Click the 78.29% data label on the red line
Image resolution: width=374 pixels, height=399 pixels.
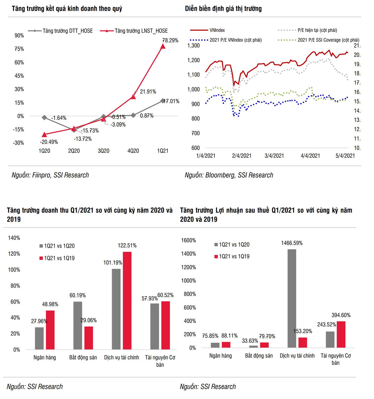click(170, 41)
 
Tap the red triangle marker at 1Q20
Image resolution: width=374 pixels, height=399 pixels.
click(44, 135)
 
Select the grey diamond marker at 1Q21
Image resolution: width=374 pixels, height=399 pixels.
click(163, 101)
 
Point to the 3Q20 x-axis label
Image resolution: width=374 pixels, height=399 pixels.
click(103, 151)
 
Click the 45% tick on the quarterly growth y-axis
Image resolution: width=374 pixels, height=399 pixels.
click(19, 76)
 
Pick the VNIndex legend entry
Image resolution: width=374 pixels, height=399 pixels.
click(217, 30)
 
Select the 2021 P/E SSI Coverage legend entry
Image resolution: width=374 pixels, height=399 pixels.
click(328, 40)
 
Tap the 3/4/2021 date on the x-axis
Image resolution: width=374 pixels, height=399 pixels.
click(274, 156)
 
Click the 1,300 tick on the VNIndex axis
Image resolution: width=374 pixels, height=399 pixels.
click(193, 45)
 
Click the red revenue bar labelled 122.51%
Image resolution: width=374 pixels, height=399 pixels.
click(127, 300)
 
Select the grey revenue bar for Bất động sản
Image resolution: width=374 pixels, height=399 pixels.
click(78, 325)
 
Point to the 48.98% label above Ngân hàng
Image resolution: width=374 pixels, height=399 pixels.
click(50, 304)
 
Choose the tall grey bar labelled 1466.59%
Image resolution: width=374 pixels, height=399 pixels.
click(292, 298)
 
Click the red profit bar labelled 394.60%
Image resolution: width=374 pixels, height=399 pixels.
click(341, 334)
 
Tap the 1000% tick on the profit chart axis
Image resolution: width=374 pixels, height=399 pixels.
click(188, 281)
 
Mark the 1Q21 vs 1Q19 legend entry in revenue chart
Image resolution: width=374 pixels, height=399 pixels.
click(59, 258)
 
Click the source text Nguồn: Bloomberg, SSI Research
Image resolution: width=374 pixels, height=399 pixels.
click(229, 175)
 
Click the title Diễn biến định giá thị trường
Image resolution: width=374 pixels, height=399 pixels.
click(223, 9)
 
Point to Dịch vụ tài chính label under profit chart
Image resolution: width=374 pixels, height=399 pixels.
click(297, 356)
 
